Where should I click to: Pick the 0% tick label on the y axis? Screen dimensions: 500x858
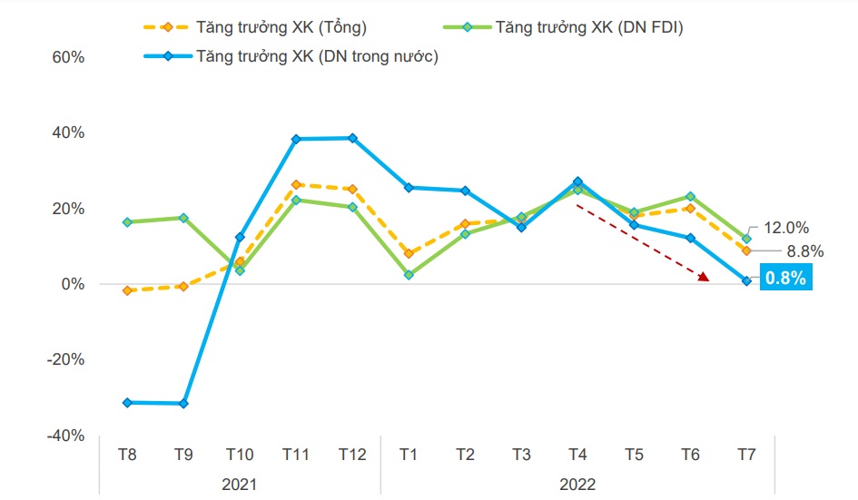tap(72, 284)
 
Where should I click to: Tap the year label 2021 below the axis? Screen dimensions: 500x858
tap(240, 484)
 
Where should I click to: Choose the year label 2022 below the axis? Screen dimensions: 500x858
tap(577, 484)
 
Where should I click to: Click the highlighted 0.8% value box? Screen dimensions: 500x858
tap(786, 279)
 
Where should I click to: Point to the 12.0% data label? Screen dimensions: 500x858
tap(786, 228)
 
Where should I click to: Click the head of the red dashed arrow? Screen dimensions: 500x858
tap(705, 279)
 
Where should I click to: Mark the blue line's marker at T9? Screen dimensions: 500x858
tap(183, 403)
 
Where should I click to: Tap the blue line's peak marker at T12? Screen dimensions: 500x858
tap(352, 138)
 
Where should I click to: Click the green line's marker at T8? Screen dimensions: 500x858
tap(127, 222)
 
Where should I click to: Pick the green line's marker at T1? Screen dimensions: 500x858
tap(409, 274)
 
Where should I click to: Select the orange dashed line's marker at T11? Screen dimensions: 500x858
tap(296, 184)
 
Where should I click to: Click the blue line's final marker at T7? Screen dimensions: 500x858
tap(746, 281)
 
